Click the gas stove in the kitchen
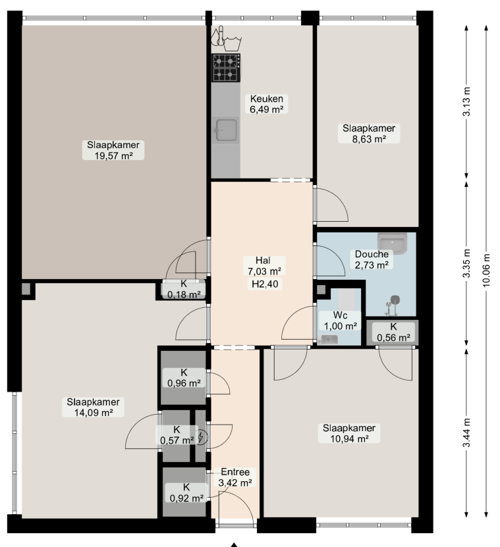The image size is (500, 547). point(226,68)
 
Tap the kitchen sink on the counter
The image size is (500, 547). point(226,130)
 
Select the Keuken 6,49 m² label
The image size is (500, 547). point(266,104)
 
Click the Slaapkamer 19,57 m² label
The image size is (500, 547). point(113,150)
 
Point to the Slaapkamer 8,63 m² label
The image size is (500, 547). point(369,134)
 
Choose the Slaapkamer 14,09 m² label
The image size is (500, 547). point(94,407)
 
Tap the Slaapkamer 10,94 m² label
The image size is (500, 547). point(349,433)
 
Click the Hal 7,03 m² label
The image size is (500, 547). point(265,266)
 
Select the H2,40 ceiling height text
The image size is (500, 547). point(265,284)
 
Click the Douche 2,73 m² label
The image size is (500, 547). point(372,259)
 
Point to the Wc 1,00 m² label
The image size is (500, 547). point(341,321)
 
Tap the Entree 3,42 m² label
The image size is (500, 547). point(235,477)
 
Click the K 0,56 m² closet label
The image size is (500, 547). point(393,332)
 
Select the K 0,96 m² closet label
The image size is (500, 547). point(184,378)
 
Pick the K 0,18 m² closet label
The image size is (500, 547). point(184,290)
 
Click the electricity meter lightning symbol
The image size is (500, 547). point(201,437)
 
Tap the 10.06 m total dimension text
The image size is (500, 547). point(487,271)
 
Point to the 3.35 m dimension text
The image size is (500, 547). point(467,263)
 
